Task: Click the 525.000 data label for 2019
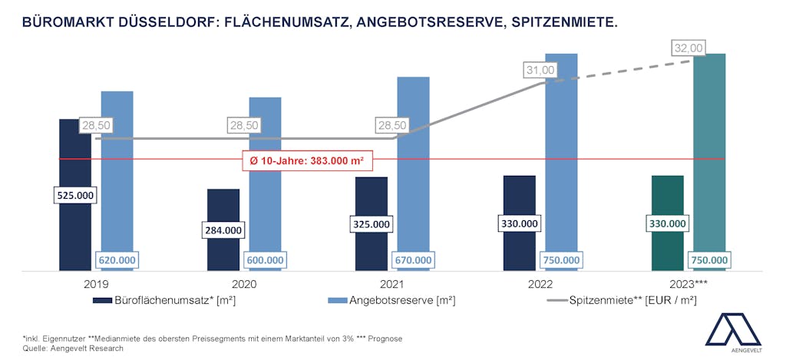(75, 196)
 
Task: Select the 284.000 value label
(223, 230)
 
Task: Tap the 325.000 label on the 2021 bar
(372, 224)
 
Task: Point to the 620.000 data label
(117, 260)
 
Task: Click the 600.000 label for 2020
(265, 260)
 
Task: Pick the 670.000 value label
(413, 260)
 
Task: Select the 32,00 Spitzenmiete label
(688, 48)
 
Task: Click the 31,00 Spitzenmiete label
(540, 70)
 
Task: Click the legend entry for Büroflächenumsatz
(184, 300)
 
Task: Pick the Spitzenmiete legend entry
(632, 300)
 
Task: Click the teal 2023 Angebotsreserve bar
(708, 154)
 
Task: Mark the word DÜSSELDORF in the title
(157, 23)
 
